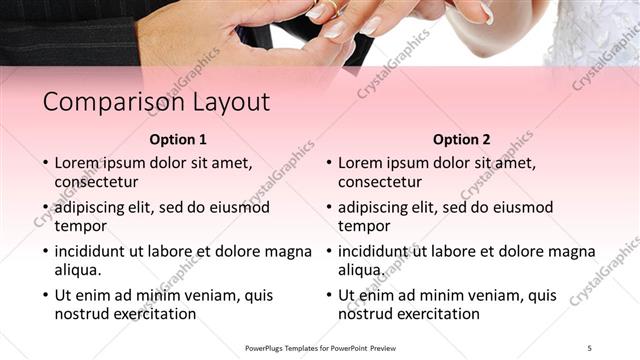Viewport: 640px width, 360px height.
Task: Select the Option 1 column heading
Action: [178, 140]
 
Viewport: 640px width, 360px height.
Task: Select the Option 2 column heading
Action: [462, 140]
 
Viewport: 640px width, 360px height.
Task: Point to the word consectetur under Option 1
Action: [96, 182]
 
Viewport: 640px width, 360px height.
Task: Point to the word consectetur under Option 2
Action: [380, 182]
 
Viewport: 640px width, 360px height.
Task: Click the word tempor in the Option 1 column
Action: [79, 226]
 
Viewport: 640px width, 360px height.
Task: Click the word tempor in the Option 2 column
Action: [363, 226]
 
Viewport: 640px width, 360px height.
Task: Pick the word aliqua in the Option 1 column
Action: [77, 270]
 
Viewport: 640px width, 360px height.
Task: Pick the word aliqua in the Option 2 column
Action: [361, 270]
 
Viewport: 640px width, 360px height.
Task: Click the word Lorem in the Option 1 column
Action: [76, 163]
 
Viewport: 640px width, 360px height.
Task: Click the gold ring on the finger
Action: [328, 7]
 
